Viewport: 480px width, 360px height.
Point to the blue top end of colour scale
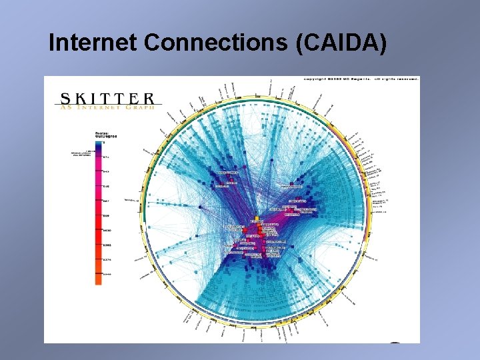[99, 143]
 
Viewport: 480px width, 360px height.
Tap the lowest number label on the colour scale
[107, 274]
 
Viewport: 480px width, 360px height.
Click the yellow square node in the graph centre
[257, 218]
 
